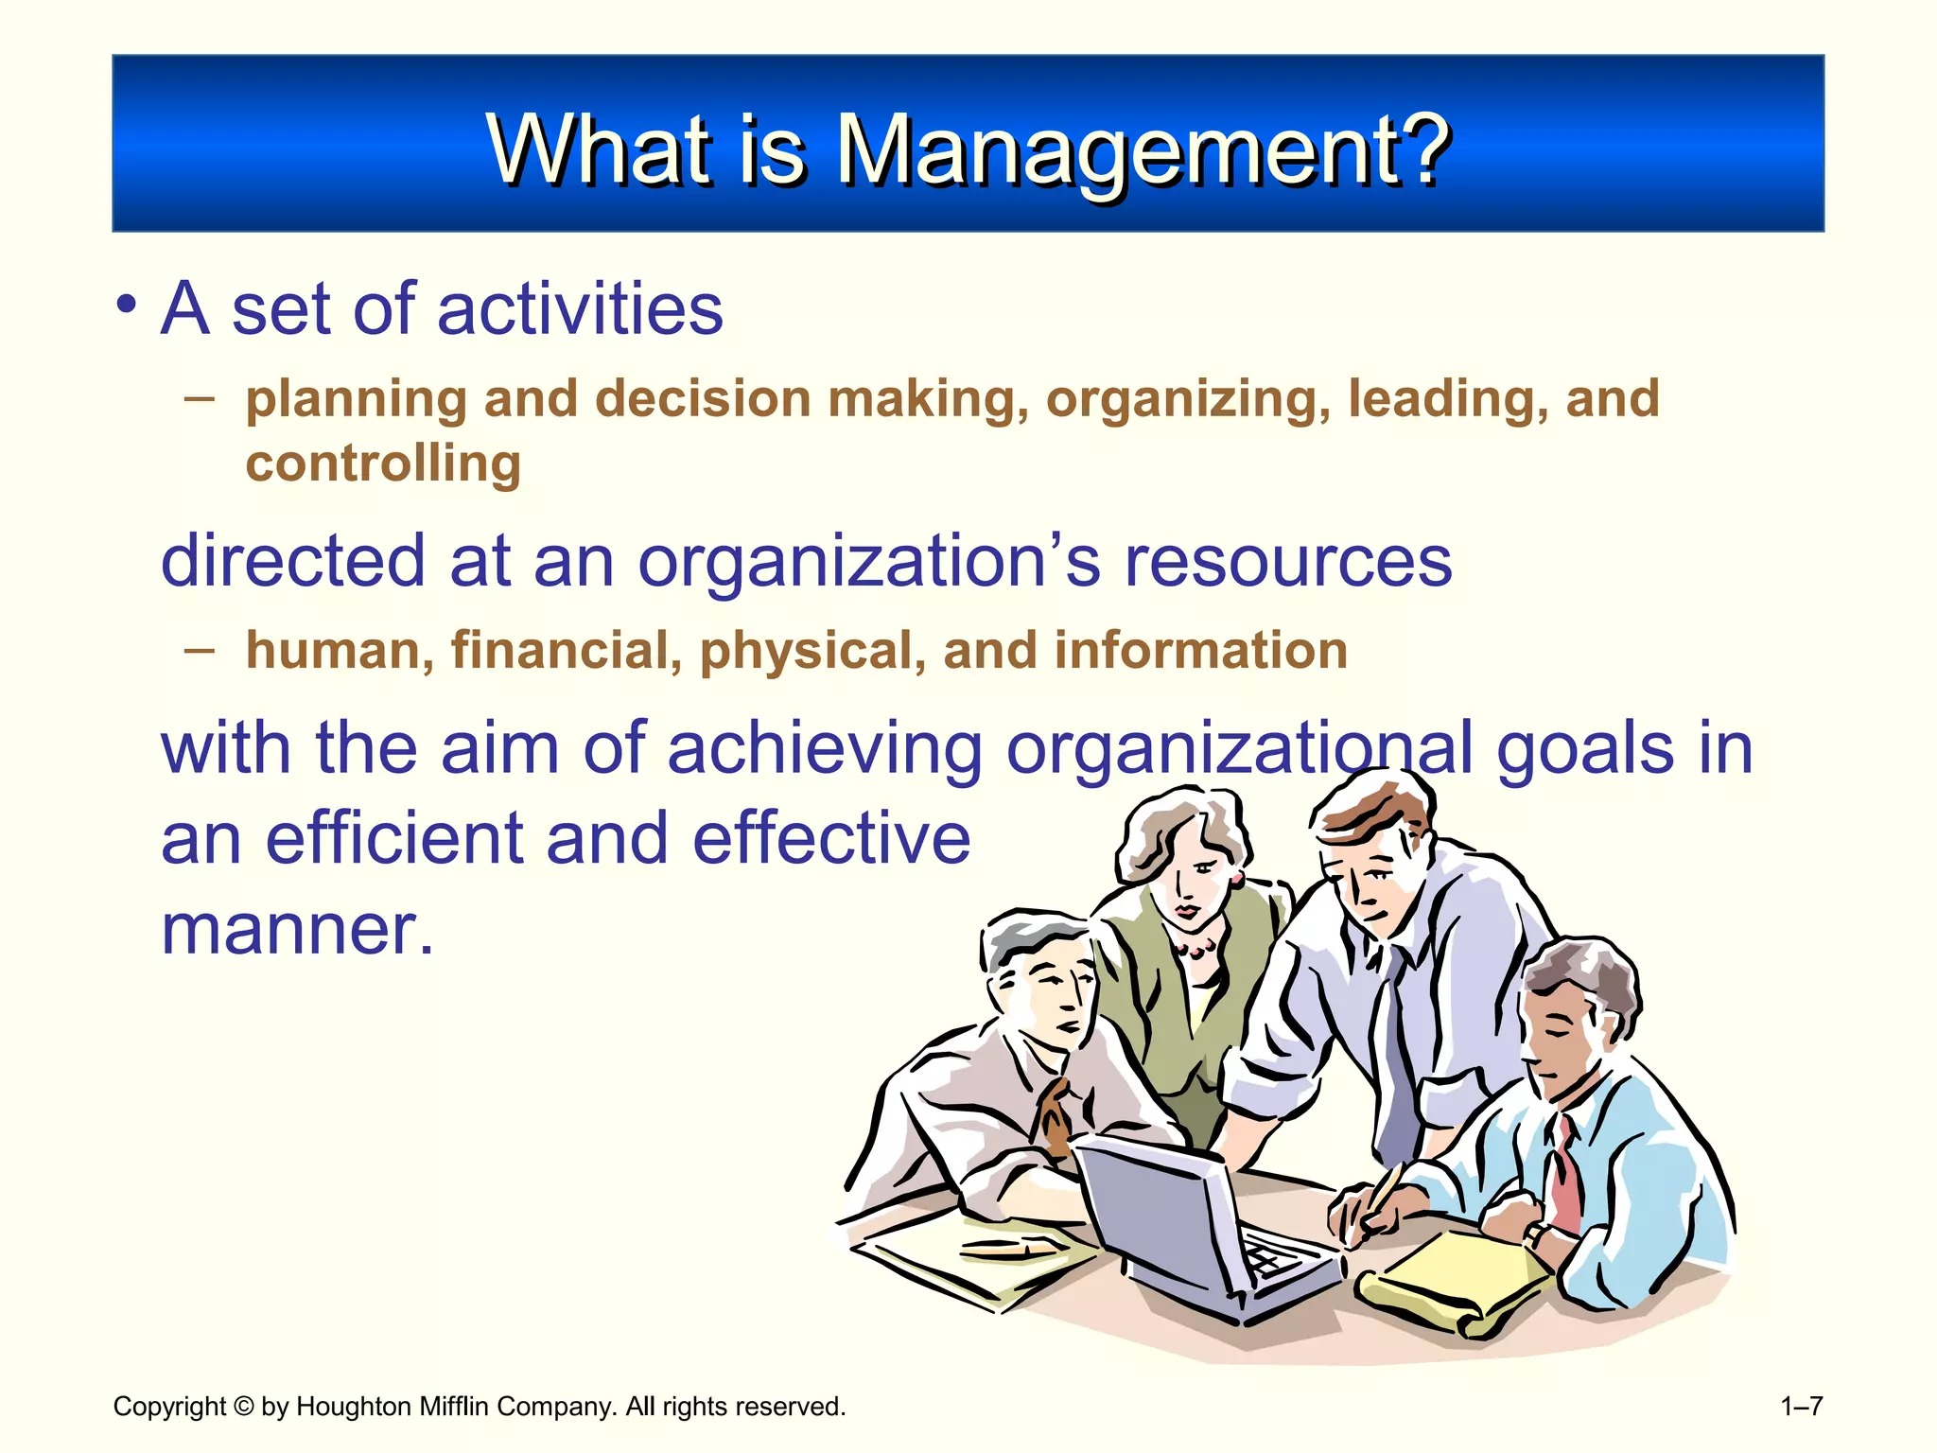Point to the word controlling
point(383,464)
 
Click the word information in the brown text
point(1200,651)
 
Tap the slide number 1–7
point(1801,1407)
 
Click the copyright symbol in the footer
point(243,1407)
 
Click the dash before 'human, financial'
point(200,650)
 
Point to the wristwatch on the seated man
point(1536,1234)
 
